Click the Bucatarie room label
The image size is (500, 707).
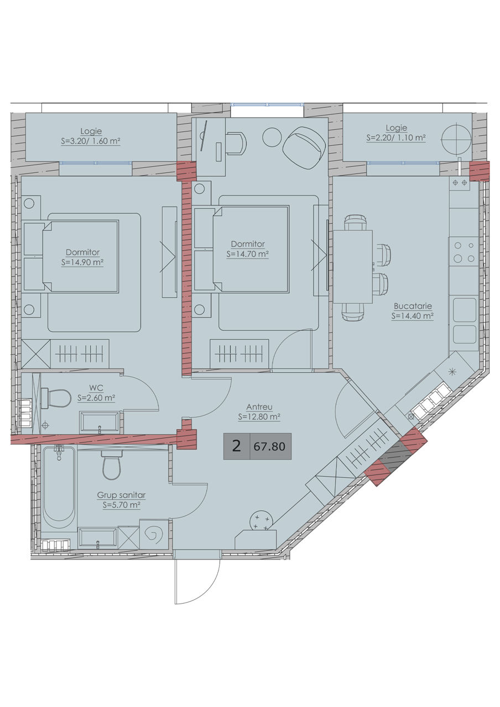click(x=413, y=306)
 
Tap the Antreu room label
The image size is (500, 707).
click(x=259, y=407)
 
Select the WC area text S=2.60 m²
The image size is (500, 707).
click(x=96, y=398)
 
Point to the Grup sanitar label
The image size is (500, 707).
click(x=121, y=495)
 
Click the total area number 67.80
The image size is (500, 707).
click(x=269, y=446)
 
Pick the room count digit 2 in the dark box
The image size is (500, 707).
click(x=236, y=446)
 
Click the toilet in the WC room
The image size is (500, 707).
click(x=56, y=398)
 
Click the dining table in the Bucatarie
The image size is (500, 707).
click(x=353, y=267)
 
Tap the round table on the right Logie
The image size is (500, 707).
click(x=456, y=138)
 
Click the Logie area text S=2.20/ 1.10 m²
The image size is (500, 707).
click(x=396, y=138)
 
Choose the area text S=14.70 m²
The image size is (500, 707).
click(x=247, y=254)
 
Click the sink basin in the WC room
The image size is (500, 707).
click(x=99, y=421)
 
